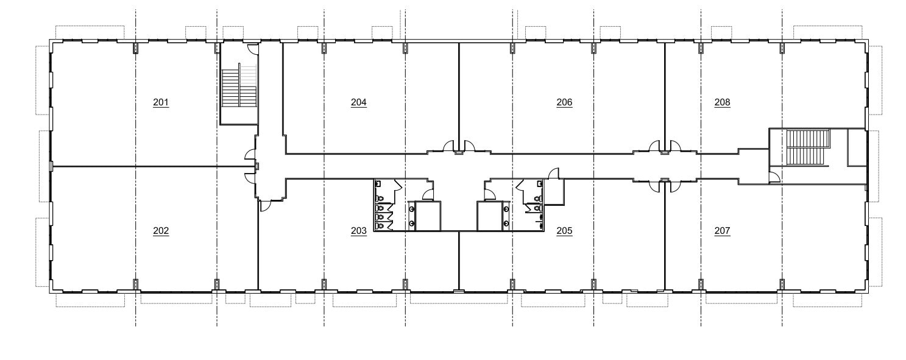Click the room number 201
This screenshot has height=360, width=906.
pyautogui.click(x=161, y=102)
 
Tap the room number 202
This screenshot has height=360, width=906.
pyautogui.click(x=161, y=231)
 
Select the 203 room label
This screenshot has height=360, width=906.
pyautogui.click(x=359, y=231)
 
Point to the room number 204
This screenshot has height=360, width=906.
pyautogui.click(x=359, y=102)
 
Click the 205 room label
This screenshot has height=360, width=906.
pyautogui.click(x=564, y=231)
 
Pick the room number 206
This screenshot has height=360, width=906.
pyautogui.click(x=564, y=102)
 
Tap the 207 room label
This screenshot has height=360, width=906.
pyautogui.click(x=722, y=231)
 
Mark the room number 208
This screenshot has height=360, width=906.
pyautogui.click(x=722, y=102)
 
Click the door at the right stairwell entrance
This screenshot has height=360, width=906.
pyautogui.click(x=773, y=177)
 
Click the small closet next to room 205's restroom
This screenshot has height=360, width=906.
pyautogui.click(x=554, y=192)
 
